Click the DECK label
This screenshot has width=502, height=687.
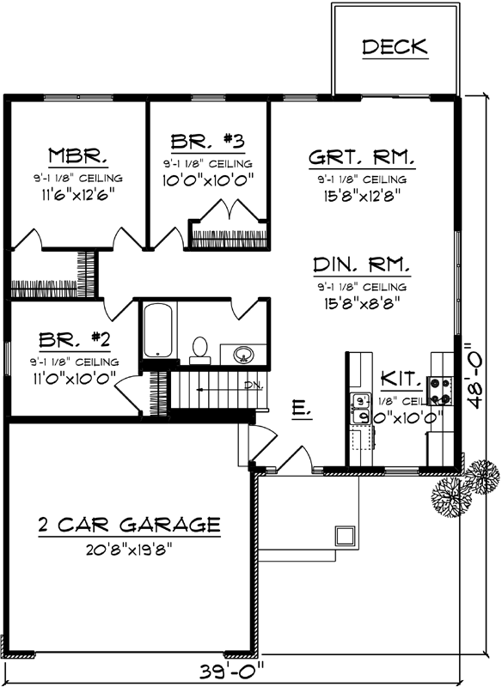pos(395,47)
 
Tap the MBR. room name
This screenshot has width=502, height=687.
pos(77,156)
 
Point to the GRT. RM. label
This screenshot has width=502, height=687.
pos(362,158)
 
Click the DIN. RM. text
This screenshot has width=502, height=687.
pos(361,264)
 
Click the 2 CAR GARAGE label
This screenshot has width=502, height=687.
pos(129,524)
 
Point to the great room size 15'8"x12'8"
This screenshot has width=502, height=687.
pos(361,195)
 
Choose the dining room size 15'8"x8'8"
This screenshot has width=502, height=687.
pos(361,302)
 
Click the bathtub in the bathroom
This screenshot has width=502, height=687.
pos(156,330)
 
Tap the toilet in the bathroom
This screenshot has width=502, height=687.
pos(200,347)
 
